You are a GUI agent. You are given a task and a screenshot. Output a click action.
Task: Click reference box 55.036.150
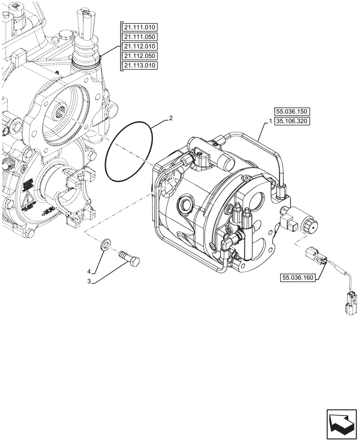pyautogui.click(x=292, y=113)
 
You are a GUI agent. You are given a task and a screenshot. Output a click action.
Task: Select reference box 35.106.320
pyautogui.click(x=292, y=122)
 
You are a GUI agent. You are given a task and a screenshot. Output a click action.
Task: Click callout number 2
pyautogui.click(x=170, y=119)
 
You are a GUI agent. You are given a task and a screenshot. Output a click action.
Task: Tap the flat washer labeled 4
pyautogui.click(x=105, y=244)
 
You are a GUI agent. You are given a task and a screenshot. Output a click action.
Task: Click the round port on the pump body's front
pyautogui.click(x=184, y=205)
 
